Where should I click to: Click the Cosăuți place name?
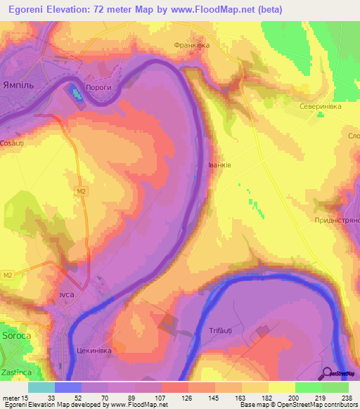[12, 143]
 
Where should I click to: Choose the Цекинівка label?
[94, 349]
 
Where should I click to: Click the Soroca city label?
[15, 337]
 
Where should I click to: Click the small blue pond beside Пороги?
[75, 92]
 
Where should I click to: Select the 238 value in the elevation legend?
[346, 398]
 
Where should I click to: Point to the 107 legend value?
[160, 398]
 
